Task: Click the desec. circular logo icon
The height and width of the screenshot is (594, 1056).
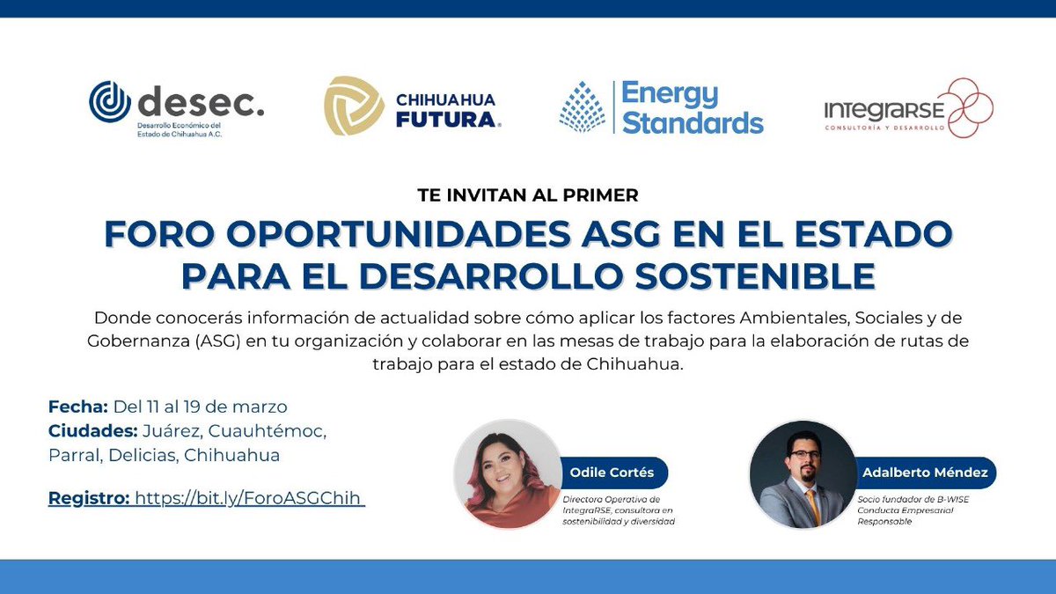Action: (x=110, y=102)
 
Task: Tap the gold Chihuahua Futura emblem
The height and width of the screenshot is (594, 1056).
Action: (x=354, y=106)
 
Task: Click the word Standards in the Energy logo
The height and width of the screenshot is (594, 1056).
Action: (x=693, y=121)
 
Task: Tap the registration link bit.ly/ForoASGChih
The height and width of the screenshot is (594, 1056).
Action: (x=249, y=498)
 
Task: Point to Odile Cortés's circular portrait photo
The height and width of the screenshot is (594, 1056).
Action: (x=507, y=473)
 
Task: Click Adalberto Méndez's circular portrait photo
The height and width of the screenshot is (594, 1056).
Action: (x=802, y=473)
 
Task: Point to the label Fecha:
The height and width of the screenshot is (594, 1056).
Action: (x=77, y=407)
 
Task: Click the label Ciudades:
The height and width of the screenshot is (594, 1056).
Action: (x=92, y=431)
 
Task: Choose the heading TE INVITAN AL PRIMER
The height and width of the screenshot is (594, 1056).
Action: (x=527, y=195)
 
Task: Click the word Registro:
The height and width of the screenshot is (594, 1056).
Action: (x=87, y=498)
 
